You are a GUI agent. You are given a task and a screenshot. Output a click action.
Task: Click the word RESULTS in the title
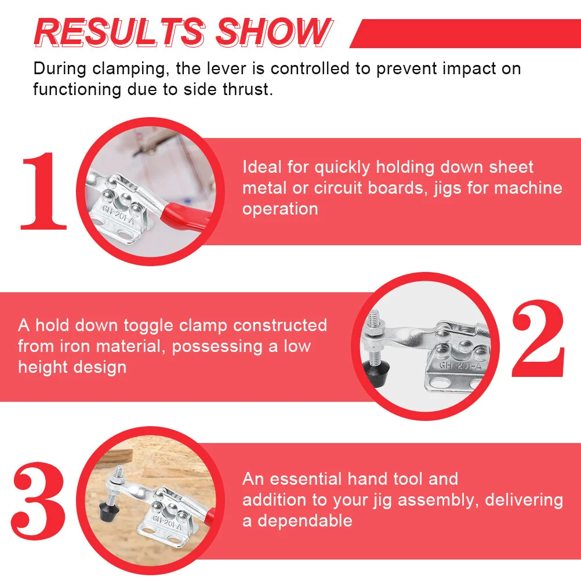click(119, 32)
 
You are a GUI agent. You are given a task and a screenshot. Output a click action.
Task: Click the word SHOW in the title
click(274, 32)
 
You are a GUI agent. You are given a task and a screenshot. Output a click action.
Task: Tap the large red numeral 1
click(43, 191)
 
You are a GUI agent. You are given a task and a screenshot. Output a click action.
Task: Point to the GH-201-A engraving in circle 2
click(460, 366)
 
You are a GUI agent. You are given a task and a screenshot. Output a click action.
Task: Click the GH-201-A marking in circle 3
click(168, 522)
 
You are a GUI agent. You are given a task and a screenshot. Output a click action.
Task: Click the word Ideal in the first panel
click(262, 167)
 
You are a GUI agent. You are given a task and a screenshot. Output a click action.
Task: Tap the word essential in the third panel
click(306, 479)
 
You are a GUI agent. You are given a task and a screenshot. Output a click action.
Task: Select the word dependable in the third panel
click(305, 521)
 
